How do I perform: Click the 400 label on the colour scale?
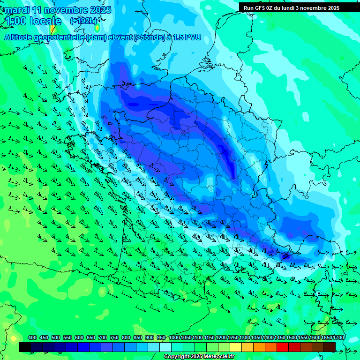(32, 337)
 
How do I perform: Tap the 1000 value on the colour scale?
(174, 337)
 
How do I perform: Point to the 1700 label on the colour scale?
(338, 337)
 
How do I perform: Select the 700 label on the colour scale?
(103, 337)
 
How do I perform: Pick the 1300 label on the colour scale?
(245, 337)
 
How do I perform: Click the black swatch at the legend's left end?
(25, 347)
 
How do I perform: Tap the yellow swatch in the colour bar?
(236, 347)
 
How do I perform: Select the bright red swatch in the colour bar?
(283, 347)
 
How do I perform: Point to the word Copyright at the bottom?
(176, 357)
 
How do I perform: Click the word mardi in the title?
(17, 10)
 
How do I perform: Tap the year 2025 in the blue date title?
(100, 10)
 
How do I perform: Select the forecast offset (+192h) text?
(83, 21)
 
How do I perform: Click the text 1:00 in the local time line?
(15, 21)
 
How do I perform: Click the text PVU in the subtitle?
(193, 37)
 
